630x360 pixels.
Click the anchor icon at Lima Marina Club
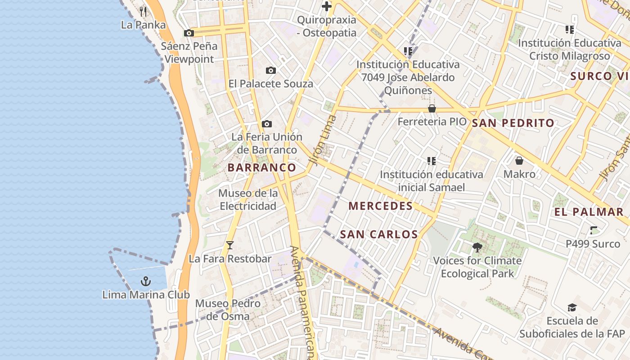coord(145,282)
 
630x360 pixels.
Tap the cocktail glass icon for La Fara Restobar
coord(230,245)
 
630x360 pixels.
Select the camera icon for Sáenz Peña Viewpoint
coord(189,33)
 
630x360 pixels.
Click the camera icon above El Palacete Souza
coord(270,70)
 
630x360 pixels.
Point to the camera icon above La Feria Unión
coord(267,124)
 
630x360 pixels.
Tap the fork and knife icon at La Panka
coord(143,11)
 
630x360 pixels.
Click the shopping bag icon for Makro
coord(519,161)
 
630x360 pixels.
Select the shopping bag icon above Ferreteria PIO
coord(432,108)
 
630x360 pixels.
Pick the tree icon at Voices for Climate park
coord(477,247)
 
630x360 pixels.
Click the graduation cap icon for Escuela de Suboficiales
coord(572,307)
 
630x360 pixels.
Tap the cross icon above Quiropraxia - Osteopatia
coord(327,6)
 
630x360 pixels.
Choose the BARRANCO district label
coord(262,168)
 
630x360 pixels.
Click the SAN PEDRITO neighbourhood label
coord(513,123)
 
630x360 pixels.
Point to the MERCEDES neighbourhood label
coord(381,206)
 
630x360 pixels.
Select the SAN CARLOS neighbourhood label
coord(379,234)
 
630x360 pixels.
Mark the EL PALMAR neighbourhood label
coord(589,212)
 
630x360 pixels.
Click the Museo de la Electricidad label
coord(247,200)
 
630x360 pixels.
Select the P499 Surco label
coord(593,243)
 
